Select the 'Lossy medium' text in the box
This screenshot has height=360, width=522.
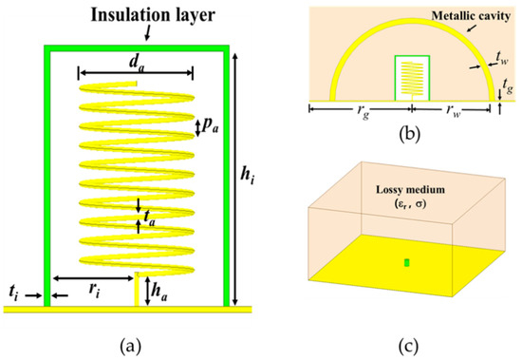tap(410, 192)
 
